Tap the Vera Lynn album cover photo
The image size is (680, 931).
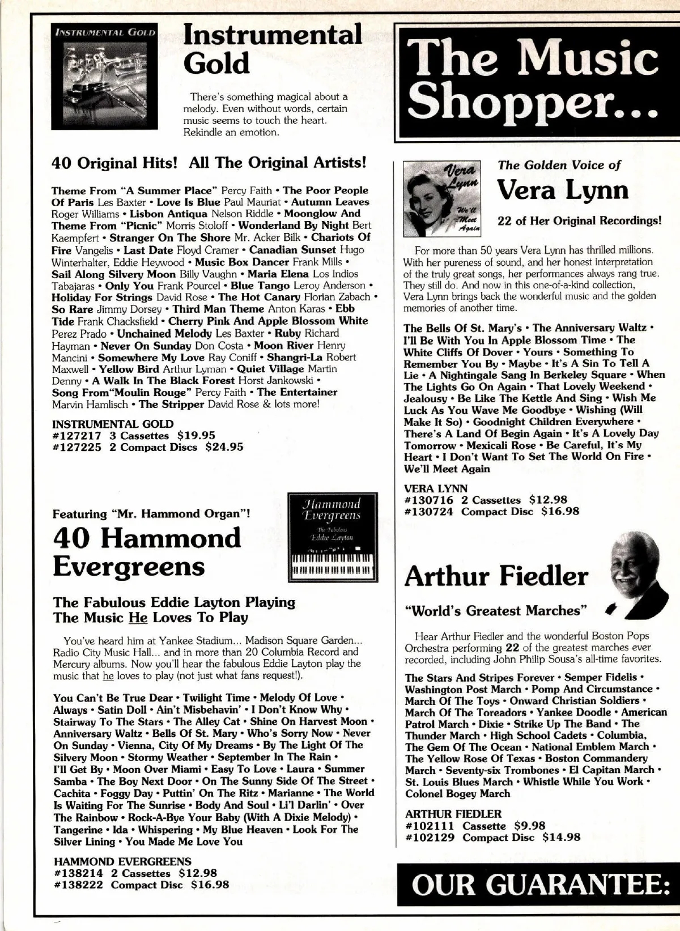tap(442, 198)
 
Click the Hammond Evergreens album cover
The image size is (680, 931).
tap(332, 537)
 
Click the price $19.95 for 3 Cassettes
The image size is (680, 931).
tap(196, 436)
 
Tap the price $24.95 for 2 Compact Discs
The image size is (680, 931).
tap(224, 447)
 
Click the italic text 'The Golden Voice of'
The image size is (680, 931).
tap(559, 165)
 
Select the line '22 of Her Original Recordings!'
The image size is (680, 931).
tap(579, 220)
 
